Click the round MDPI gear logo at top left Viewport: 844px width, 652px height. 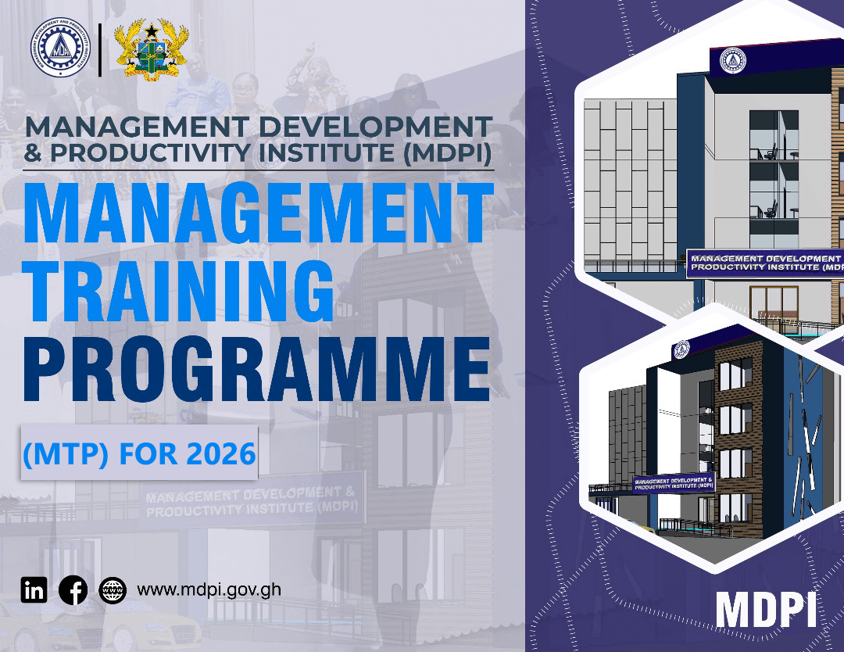point(61,50)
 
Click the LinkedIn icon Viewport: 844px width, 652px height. point(34,589)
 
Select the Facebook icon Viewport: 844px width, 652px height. point(73,589)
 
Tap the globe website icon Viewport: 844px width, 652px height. point(113,589)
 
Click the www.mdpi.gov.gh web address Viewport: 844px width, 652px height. point(209,589)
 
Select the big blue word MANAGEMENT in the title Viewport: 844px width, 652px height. point(258,210)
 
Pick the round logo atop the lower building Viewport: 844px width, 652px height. point(681,349)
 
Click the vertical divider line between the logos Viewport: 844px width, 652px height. point(101,50)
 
